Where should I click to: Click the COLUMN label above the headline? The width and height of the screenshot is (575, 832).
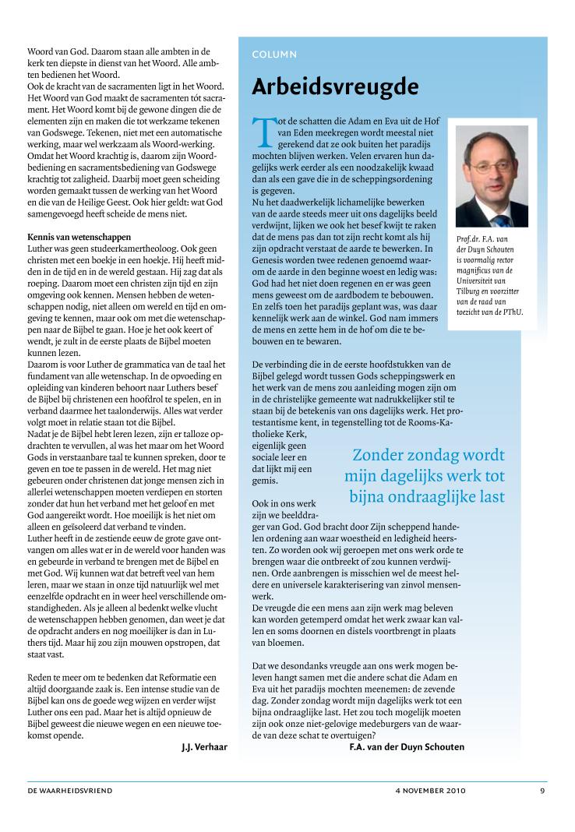click(274, 55)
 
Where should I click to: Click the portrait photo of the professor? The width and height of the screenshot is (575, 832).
click(491, 175)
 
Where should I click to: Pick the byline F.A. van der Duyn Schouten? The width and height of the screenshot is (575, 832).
click(407, 747)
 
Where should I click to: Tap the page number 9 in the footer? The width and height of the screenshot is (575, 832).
click(541, 791)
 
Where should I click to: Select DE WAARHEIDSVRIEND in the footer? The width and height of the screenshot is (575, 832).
click(70, 791)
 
